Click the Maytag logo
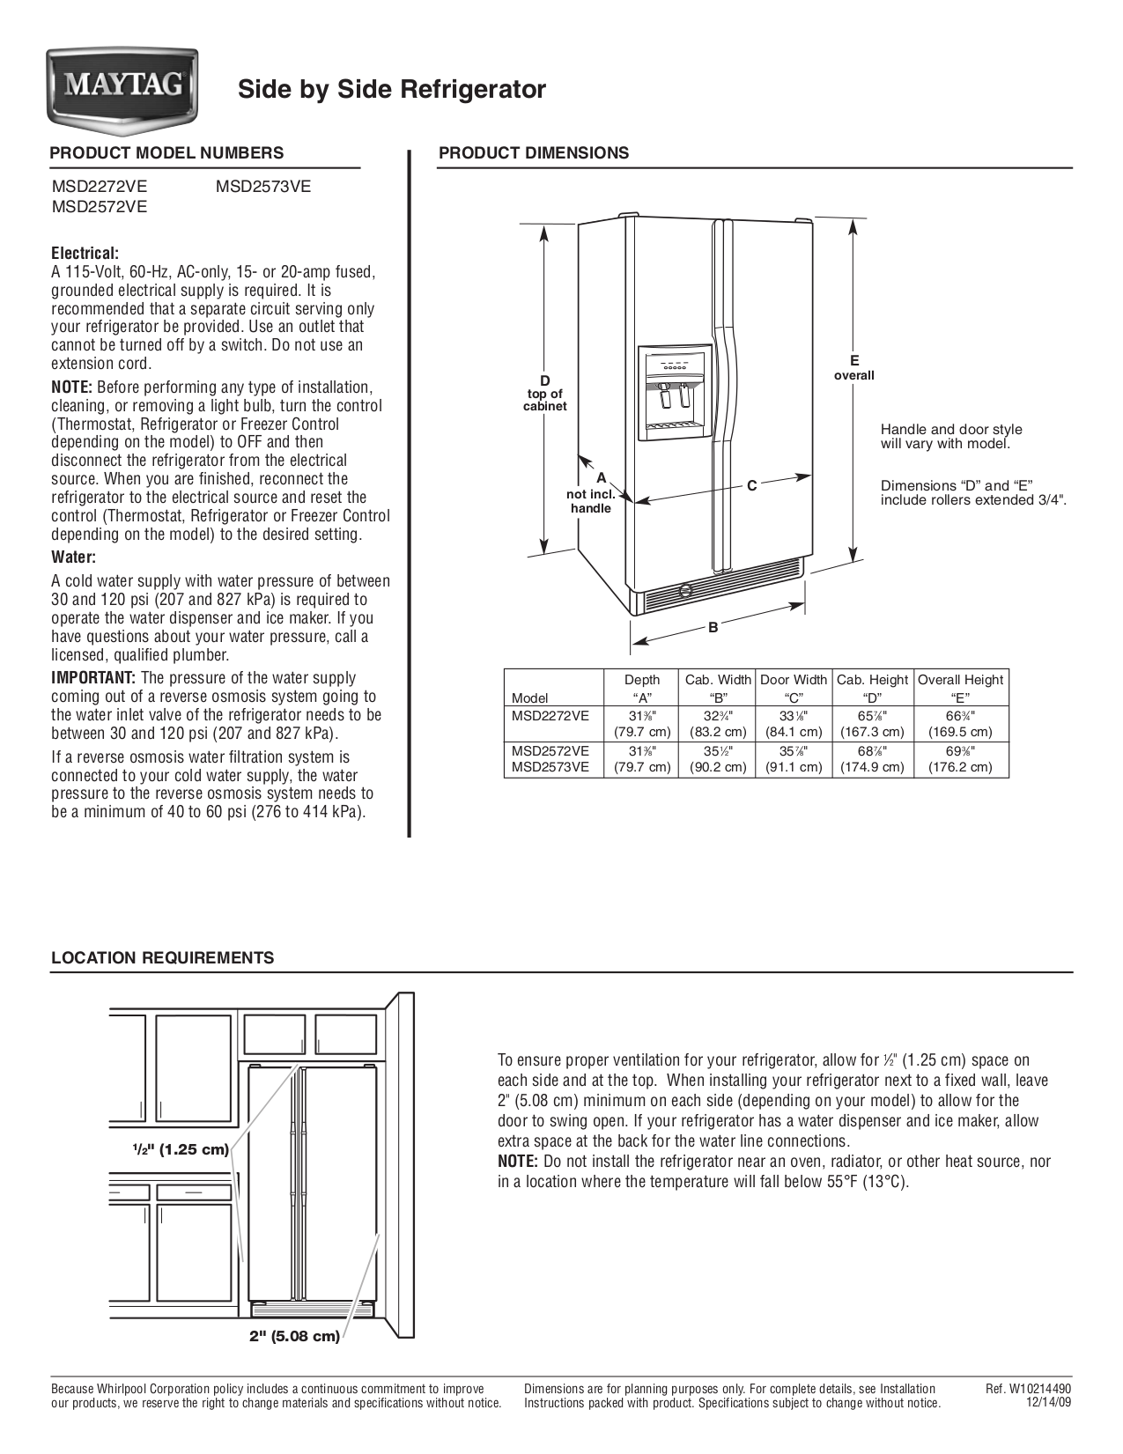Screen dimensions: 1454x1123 coord(122,86)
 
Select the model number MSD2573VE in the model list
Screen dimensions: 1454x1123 coord(262,187)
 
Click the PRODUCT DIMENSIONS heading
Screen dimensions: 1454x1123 coord(534,153)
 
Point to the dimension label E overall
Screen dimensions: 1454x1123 coord(853,367)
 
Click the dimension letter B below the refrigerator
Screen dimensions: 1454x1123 coord(713,628)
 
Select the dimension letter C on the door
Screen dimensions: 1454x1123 coord(751,485)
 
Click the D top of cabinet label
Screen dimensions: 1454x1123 coord(545,393)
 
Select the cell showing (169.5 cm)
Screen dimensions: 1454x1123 coord(960,732)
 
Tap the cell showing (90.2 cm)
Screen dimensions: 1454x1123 coord(718,767)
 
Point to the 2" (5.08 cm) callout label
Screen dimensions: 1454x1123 coord(294,1337)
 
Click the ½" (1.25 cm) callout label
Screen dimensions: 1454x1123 coord(181,1149)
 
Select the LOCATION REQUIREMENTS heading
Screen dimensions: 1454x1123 coord(162,958)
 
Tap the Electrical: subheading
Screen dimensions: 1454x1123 coord(85,254)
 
